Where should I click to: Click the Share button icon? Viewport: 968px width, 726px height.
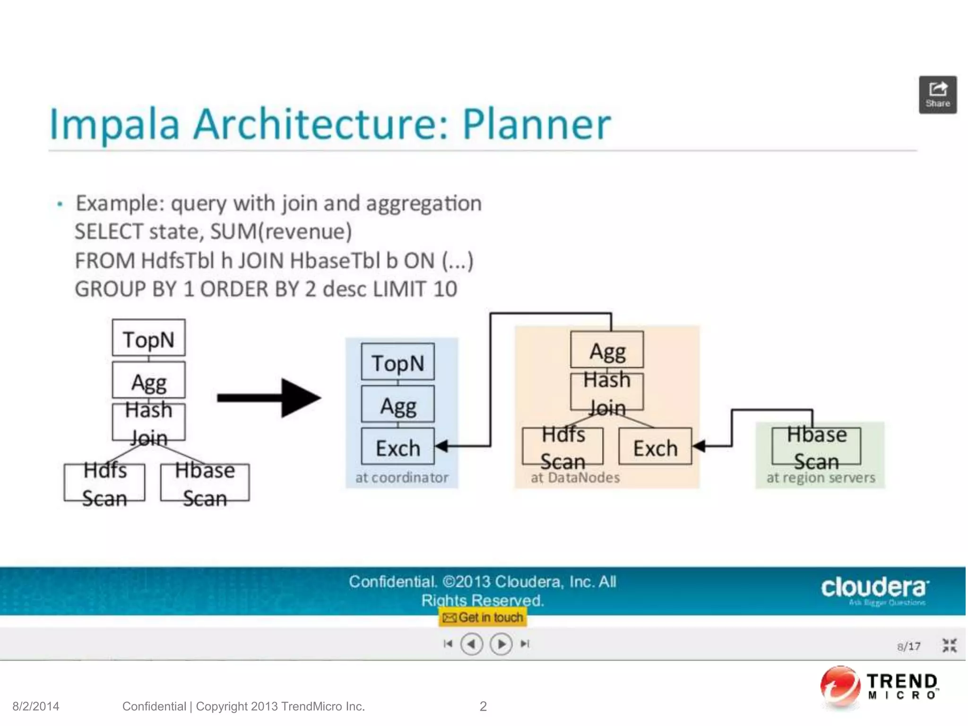[937, 94]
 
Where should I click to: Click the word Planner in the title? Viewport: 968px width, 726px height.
[536, 124]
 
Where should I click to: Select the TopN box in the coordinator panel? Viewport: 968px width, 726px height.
[398, 362]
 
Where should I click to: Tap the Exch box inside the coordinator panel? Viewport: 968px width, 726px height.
[398, 447]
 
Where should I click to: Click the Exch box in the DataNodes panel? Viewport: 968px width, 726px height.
[655, 447]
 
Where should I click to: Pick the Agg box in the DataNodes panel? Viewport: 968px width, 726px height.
[607, 350]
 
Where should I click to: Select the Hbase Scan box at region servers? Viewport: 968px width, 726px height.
[816, 447]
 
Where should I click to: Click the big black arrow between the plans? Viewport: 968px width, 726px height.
[269, 398]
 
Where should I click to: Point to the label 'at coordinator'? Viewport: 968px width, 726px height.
[401, 477]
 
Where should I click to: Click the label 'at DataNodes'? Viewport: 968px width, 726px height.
[575, 477]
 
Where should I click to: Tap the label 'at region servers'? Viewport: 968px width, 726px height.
[821, 477]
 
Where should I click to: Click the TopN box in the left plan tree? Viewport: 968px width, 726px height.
[148, 338]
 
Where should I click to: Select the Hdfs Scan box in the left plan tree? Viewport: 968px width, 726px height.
[104, 483]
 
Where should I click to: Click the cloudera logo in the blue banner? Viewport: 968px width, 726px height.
[874, 588]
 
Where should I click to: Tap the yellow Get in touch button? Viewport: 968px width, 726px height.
[483, 617]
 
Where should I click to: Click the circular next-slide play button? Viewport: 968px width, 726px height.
[501, 644]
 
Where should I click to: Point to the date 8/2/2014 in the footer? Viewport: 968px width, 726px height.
[36, 706]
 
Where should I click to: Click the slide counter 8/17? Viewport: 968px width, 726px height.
[908, 646]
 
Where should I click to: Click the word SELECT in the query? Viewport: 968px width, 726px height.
[109, 232]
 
